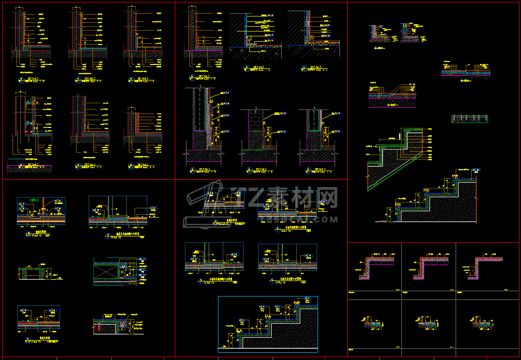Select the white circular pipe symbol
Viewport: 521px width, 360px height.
(x=122, y=327)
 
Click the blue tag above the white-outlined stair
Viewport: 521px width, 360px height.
(x=476, y=170)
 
